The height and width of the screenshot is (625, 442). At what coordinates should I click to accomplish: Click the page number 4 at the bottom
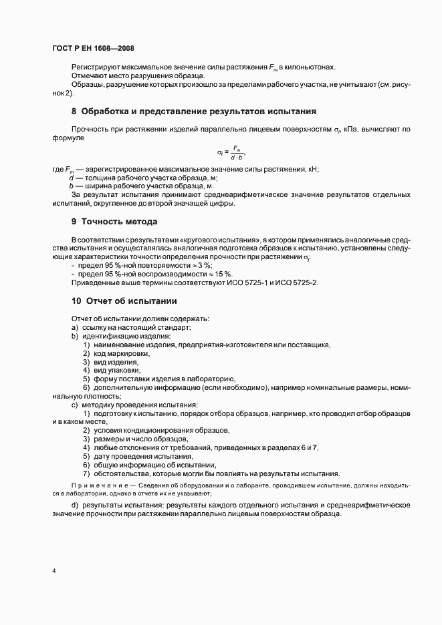[53, 571]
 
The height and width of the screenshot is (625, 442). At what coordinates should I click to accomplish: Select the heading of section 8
[194, 111]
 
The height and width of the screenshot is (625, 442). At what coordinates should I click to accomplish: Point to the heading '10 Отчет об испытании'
[124, 300]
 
